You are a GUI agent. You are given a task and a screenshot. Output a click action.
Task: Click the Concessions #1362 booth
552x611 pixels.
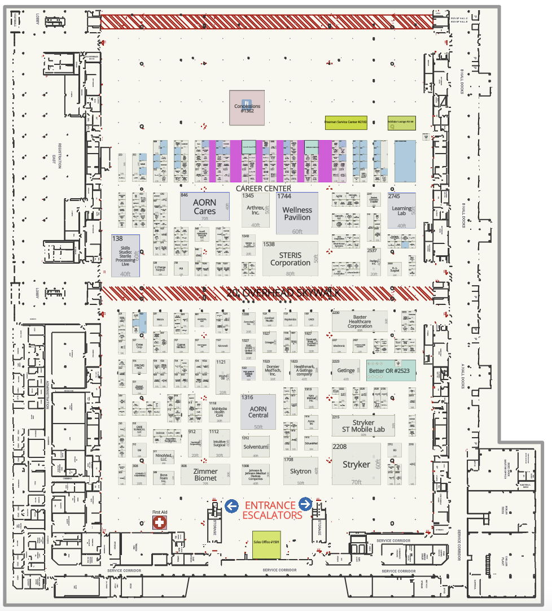pos(247,108)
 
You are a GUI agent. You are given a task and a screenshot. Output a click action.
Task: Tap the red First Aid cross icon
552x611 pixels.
pos(160,522)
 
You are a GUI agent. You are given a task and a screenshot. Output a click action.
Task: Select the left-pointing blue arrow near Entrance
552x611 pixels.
pos(231,506)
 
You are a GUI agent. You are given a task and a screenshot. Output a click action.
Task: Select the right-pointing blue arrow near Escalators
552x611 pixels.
pos(305,504)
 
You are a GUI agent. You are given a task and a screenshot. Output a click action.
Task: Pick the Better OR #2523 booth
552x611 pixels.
pos(391,370)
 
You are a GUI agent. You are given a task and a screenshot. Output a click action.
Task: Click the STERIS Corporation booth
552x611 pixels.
pos(290,259)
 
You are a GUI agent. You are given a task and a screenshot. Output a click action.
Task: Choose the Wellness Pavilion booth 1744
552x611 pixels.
pos(297,213)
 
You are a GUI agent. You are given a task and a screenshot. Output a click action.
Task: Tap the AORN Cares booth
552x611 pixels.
pos(204,206)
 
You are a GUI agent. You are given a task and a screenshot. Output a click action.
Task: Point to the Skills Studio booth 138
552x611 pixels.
pos(125,256)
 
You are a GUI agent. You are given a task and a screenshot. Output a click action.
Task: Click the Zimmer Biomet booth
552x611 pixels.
pos(205,474)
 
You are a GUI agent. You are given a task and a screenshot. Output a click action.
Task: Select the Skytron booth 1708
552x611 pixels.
pos(301,471)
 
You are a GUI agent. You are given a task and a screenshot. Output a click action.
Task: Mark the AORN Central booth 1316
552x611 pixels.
pos(258,411)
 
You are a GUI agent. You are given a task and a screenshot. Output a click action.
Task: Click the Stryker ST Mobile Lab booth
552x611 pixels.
pos(363,425)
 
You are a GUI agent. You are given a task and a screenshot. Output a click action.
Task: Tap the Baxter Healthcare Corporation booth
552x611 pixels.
pos(360,321)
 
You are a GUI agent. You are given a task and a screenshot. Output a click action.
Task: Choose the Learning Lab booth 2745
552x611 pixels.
pos(402,211)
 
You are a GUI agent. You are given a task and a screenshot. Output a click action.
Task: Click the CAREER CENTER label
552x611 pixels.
pos(264,188)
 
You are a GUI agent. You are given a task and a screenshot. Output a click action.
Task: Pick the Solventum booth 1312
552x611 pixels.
pos(255,446)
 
